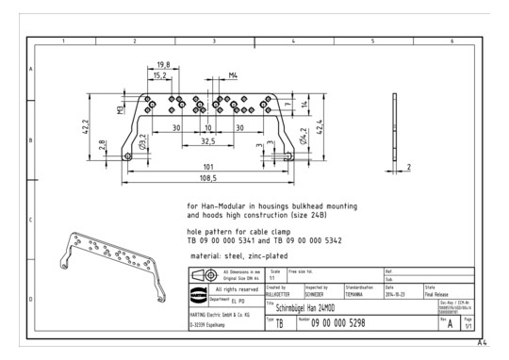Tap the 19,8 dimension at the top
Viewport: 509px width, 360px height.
coord(163,64)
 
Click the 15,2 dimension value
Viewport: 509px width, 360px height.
coord(160,74)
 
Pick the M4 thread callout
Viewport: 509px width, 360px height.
coord(232,74)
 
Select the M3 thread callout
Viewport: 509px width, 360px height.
coord(121,110)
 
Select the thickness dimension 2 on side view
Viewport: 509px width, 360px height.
coord(410,167)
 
